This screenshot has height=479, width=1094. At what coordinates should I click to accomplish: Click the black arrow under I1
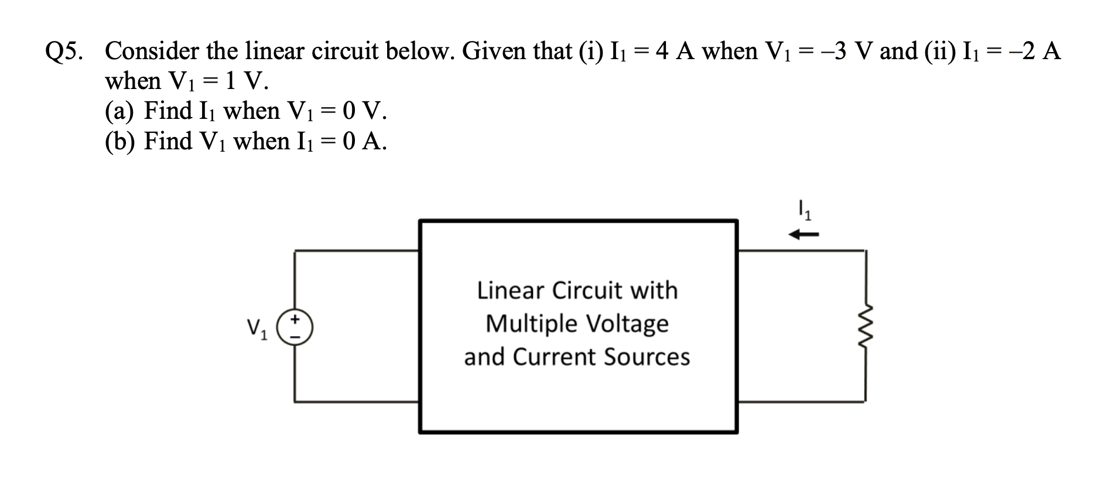(803, 235)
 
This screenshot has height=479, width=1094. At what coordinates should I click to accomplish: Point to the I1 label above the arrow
(805, 210)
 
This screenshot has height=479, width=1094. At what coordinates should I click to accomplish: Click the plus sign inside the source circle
(296, 320)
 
